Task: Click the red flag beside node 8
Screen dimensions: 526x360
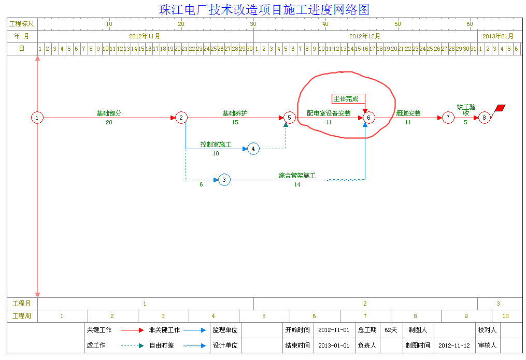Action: tap(500, 108)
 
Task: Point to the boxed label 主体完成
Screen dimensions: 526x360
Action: tap(348, 99)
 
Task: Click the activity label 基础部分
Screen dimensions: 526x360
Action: tap(109, 113)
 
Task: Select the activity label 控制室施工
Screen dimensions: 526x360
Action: tap(216, 145)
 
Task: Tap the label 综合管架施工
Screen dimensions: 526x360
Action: tap(297, 176)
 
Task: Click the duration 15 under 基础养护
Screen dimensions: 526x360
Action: tap(235, 123)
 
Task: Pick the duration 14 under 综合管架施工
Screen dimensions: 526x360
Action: tap(297, 185)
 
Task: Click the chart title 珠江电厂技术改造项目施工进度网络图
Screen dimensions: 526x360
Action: tap(264, 10)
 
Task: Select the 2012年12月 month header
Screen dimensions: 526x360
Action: tap(365, 36)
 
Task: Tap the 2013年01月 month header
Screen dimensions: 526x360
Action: tap(498, 36)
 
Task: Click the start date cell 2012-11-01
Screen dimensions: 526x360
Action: tap(334, 330)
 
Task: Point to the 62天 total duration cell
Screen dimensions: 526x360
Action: tap(391, 330)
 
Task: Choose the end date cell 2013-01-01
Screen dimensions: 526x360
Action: tap(334, 345)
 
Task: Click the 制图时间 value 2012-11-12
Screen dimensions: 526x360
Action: tap(454, 345)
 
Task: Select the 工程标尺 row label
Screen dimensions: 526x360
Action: tap(22, 24)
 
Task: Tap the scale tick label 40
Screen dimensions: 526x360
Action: tap(325, 24)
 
